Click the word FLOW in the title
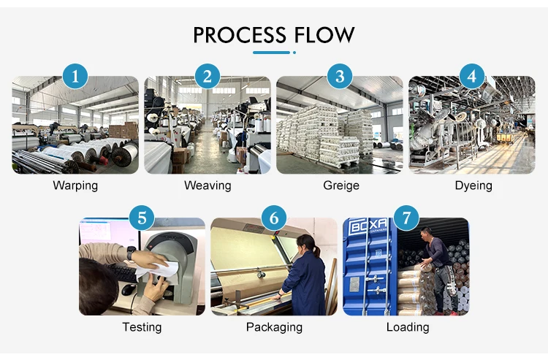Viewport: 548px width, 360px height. [326, 34]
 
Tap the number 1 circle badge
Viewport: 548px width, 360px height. [75, 75]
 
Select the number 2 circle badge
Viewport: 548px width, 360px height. [208, 75]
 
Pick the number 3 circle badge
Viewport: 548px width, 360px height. [340, 75]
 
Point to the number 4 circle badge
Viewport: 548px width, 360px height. [471, 75]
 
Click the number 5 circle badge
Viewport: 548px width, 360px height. [142, 217]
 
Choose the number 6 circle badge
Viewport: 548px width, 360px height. [274, 217]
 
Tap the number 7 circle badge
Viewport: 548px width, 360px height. [406, 217]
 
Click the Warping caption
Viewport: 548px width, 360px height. [75, 185]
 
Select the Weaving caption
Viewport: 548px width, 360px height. [208, 185]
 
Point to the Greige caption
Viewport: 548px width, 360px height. [341, 185]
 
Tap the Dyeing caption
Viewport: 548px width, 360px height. [473, 185]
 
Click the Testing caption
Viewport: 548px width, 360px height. [142, 326]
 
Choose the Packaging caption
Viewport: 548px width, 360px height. [274, 326]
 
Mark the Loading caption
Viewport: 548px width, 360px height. [407, 326]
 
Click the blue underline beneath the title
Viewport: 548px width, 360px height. [272, 53]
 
